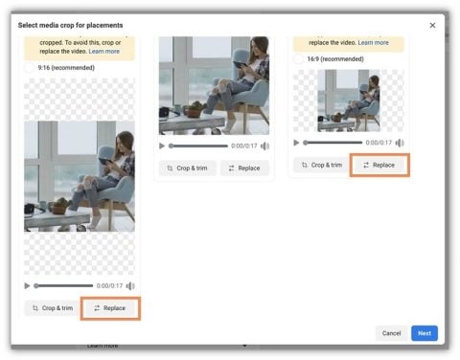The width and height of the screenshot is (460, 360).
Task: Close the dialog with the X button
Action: point(431,25)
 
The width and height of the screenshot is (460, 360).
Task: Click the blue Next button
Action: point(425,333)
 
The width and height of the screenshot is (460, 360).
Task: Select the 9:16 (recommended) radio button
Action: point(30,68)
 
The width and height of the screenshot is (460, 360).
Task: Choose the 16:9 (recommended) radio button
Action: point(299,59)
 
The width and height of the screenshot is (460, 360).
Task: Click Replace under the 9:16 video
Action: point(110,308)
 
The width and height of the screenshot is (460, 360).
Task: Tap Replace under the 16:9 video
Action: point(379,165)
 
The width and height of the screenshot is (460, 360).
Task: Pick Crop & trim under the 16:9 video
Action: point(321,165)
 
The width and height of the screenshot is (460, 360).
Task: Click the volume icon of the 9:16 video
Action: point(130,285)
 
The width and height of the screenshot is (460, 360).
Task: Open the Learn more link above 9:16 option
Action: point(104,50)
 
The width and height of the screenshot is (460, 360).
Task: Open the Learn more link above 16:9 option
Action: point(374,42)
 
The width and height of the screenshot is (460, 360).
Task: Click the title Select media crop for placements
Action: point(70,24)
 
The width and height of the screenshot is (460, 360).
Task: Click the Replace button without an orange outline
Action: point(244,169)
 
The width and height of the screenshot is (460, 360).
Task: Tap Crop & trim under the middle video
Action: point(187,169)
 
